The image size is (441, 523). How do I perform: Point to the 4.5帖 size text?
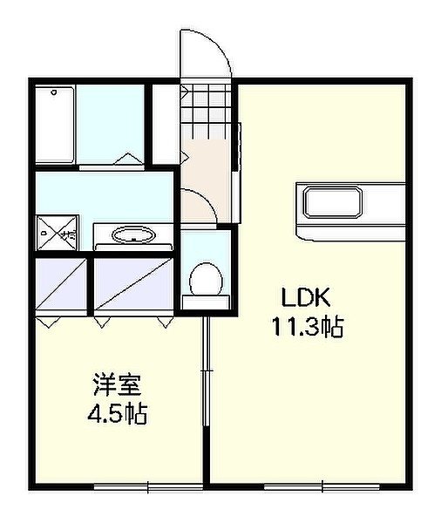pyautogui.click(x=116, y=414)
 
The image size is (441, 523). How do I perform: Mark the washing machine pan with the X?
pyautogui.click(x=57, y=234)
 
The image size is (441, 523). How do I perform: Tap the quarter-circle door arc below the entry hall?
pyautogui.click(x=199, y=207)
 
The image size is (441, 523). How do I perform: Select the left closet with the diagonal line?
pyautogui.click(x=61, y=284)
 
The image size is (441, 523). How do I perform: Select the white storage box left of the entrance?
pyautogui.click(x=163, y=123)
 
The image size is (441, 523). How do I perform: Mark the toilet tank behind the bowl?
pyautogui.click(x=207, y=302)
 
